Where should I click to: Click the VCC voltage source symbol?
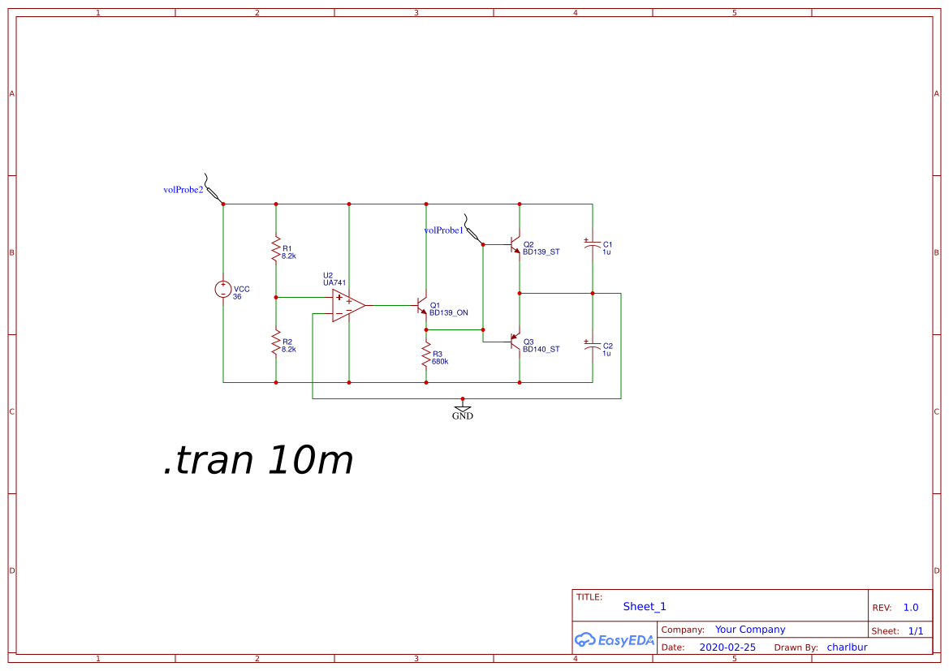[223, 289]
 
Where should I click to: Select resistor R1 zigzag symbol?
[276, 249]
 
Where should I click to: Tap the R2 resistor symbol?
[276, 342]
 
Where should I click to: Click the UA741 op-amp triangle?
[347, 305]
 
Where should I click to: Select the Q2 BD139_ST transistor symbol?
[515, 244]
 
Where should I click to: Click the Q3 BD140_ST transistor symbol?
[515, 342]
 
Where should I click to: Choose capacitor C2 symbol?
[593, 345]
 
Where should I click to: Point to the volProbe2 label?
[183, 190]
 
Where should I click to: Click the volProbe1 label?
[443, 230]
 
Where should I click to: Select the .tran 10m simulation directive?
[258, 461]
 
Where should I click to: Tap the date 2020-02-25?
[727, 647]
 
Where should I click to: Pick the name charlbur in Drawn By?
[847, 647]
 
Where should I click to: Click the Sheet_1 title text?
[645, 606]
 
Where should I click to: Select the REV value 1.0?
[911, 608]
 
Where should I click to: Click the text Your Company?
[750, 630]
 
